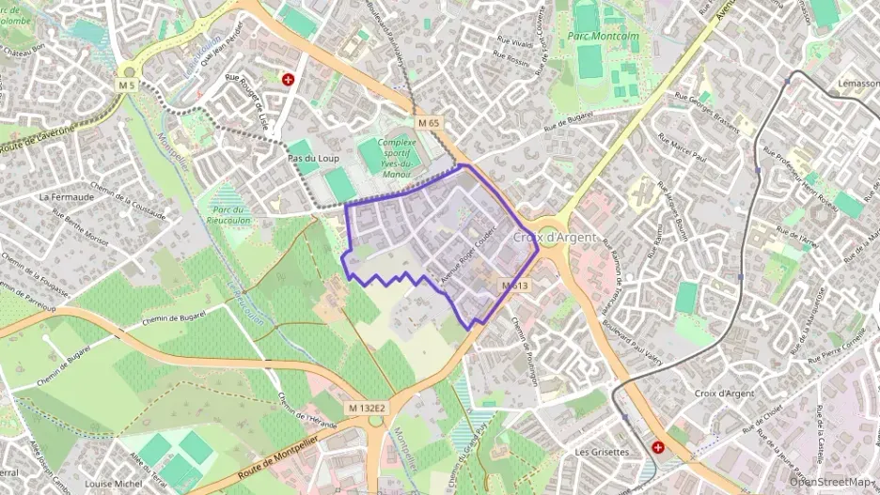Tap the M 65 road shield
click(x=429, y=123)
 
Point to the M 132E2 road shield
click(x=367, y=408)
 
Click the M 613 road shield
click(x=514, y=286)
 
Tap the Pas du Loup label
click(x=313, y=159)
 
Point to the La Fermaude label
click(x=66, y=197)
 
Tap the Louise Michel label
click(x=112, y=484)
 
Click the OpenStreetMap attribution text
click(x=831, y=482)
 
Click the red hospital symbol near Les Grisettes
click(x=658, y=448)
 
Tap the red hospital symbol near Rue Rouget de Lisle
click(x=288, y=82)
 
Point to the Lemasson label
click(x=852, y=84)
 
